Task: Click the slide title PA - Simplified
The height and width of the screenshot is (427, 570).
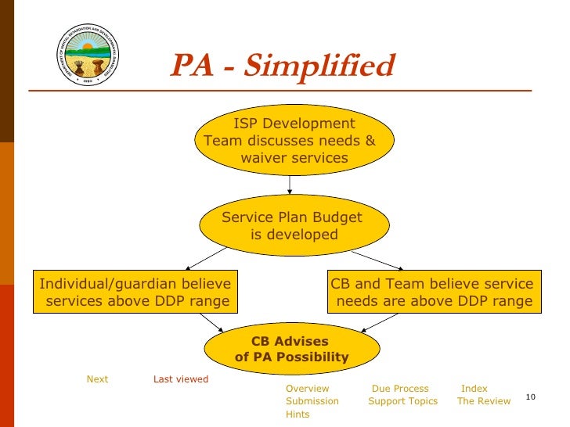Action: point(282,66)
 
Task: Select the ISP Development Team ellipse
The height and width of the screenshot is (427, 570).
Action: point(290,141)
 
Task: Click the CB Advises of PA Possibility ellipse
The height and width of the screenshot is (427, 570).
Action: point(291,350)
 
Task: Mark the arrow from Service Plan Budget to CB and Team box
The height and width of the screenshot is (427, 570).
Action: point(377,259)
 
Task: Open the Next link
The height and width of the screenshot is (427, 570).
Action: point(97,379)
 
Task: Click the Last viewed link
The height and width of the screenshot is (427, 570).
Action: point(181,379)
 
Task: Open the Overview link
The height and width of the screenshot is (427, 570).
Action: point(308,389)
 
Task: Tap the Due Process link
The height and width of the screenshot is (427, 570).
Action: point(400,389)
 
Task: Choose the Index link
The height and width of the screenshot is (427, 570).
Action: point(474,389)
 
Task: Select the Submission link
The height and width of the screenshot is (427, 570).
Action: point(312,401)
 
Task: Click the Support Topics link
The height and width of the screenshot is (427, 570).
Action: point(403,401)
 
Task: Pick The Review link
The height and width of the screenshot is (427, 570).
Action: point(484,401)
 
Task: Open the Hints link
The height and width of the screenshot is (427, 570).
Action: point(298,414)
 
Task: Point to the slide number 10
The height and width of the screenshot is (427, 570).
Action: point(530,398)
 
